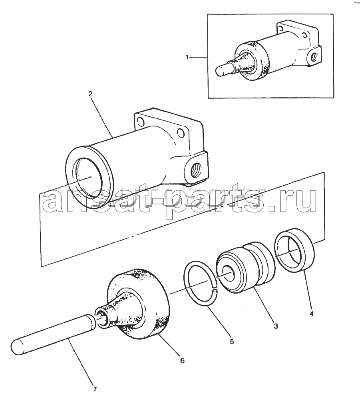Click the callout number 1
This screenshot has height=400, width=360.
click(x=187, y=57)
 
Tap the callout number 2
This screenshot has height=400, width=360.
click(x=90, y=94)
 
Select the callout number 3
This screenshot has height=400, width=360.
click(x=275, y=326)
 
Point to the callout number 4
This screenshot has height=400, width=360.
click(x=311, y=314)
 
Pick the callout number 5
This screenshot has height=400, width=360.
click(x=232, y=341)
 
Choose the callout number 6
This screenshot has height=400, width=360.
click(x=182, y=361)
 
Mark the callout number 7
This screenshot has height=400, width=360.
click(x=95, y=389)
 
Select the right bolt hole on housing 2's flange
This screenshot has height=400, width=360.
click(x=181, y=132)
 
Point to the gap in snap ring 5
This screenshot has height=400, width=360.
click(x=215, y=286)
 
